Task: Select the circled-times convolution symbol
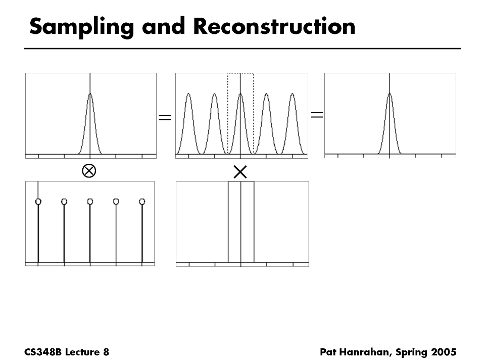coord(89,171)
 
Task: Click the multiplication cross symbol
coord(240,172)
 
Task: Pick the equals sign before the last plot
coord(317,115)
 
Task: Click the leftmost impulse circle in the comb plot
coord(38,202)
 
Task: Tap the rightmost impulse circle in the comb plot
coord(142,202)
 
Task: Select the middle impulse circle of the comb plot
coord(90,202)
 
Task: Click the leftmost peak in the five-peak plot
coord(188,95)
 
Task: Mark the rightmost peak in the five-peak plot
coord(292,95)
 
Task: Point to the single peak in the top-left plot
coord(90,95)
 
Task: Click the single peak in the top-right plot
coord(390,94)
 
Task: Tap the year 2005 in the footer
coord(444,352)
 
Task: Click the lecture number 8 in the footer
coord(106,352)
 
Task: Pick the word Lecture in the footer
coord(82,352)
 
